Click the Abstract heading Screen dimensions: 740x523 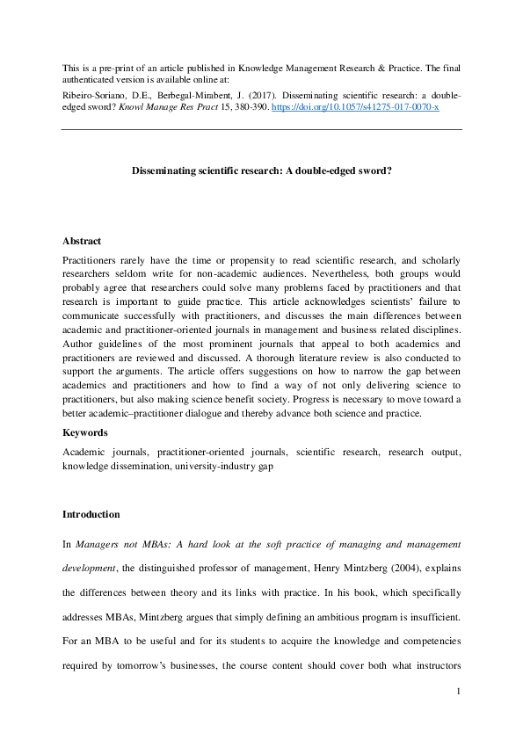click(x=82, y=241)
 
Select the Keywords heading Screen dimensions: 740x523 click(x=85, y=432)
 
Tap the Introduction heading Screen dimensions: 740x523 click(x=91, y=514)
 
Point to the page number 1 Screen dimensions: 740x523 click(x=459, y=693)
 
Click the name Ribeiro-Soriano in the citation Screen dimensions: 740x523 click(x=92, y=92)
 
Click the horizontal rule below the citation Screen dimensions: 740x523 click(x=261, y=129)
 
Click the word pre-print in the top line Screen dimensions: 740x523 click(x=119, y=68)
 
